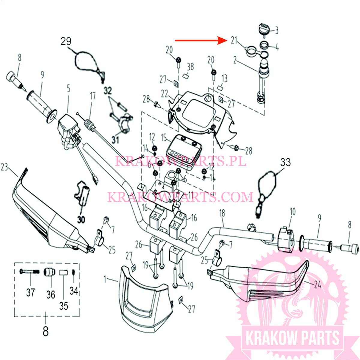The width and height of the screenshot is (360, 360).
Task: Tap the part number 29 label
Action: click(66, 41)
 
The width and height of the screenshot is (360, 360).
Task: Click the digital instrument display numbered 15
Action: click(184, 151)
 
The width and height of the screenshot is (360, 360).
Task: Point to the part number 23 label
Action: click(4, 167)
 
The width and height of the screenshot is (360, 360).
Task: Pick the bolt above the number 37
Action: click(29, 271)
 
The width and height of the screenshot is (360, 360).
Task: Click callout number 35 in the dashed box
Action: click(63, 306)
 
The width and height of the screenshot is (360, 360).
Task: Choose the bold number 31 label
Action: click(115, 140)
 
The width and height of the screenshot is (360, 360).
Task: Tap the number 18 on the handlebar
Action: click(222, 213)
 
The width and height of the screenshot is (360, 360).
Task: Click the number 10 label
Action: click(292, 211)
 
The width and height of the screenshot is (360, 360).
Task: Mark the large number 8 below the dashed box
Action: click(45, 331)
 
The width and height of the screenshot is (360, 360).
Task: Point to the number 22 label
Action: click(164, 94)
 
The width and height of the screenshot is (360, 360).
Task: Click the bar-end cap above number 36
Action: click(49, 273)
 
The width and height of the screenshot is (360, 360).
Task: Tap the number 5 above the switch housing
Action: click(69, 88)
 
